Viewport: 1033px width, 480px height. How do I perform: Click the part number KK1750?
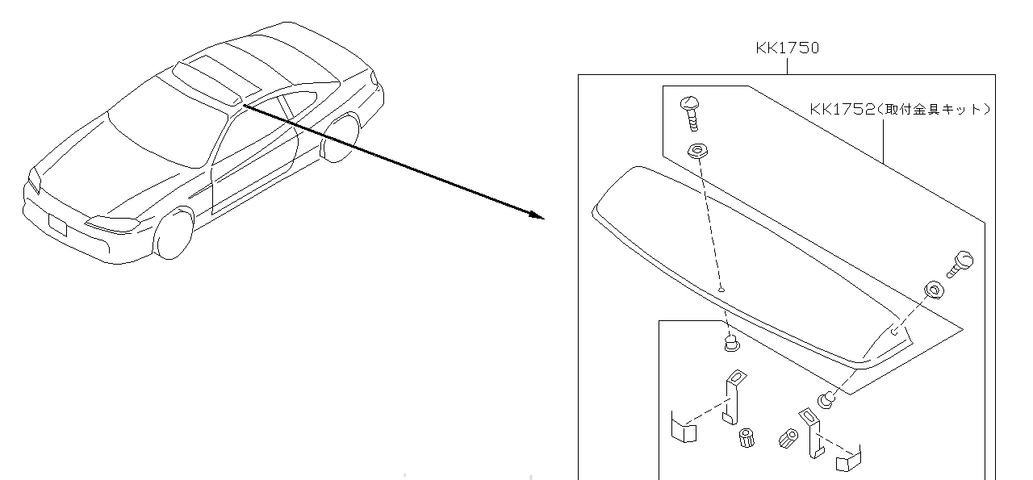(x=787, y=48)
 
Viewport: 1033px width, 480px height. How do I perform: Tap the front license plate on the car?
(x=57, y=223)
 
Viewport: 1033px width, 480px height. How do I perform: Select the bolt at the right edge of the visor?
(x=960, y=263)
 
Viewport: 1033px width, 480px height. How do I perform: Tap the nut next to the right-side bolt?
(x=932, y=290)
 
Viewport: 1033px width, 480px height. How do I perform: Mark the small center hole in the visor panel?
(x=721, y=288)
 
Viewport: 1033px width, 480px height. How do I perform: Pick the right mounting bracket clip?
(x=811, y=432)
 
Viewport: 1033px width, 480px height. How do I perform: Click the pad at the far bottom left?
(x=683, y=429)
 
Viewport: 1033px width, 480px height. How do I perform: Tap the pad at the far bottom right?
(x=849, y=460)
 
